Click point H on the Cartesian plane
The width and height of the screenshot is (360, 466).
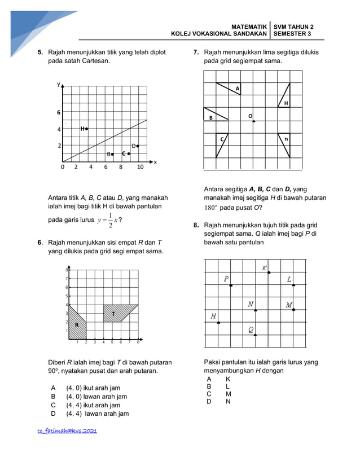pos(86,129)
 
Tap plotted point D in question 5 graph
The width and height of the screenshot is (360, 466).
pos(138,146)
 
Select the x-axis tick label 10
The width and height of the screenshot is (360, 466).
pos(141,167)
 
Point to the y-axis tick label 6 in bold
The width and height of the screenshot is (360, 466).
pos(58,113)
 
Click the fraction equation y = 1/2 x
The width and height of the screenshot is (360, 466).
pos(107,221)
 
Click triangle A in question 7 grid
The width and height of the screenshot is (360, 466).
pos(230,88)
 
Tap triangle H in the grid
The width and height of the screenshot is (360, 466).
pos(284,96)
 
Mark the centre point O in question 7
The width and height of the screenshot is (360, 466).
pos(254,121)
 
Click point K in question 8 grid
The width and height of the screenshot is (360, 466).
pos(269,272)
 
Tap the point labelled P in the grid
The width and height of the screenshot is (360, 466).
pos(231,285)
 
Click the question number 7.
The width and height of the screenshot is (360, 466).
pos(195,52)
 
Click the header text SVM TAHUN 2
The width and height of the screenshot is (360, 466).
pos(293,27)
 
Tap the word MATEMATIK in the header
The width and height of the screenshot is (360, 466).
pos(249,27)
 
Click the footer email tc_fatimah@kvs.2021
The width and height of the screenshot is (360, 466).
pos(67,430)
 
